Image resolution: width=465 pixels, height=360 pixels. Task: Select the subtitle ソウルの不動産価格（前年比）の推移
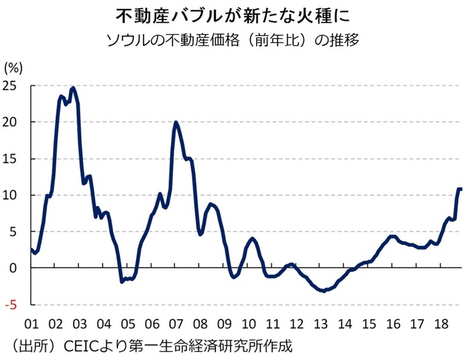click(x=232, y=39)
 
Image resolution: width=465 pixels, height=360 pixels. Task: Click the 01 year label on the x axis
click(x=31, y=324)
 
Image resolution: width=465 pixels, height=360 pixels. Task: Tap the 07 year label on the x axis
click(x=176, y=324)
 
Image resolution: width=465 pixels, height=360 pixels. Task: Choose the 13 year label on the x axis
click(x=321, y=324)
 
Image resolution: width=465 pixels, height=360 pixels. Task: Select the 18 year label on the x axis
click(x=441, y=324)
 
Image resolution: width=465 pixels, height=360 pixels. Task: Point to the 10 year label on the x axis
click(x=248, y=324)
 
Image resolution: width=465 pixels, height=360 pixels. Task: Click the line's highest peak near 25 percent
click(x=73, y=88)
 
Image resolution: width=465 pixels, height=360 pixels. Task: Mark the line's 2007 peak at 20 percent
click(x=176, y=123)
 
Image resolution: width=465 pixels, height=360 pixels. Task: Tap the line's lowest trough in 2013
click(x=323, y=291)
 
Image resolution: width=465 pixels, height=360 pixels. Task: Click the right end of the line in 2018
click(x=461, y=189)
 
